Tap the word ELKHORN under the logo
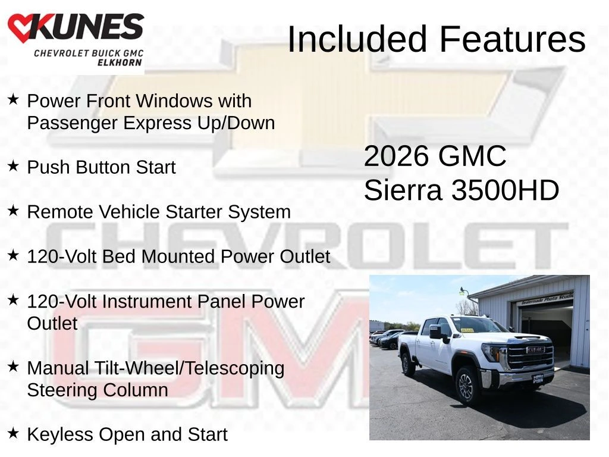tap(120, 62)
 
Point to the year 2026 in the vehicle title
tap(396, 156)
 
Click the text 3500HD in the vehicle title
tap(505, 190)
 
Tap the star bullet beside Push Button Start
tap(13, 166)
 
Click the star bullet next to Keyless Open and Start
tap(13, 433)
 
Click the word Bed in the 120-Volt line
tap(119, 256)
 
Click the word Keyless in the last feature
tap(60, 434)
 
